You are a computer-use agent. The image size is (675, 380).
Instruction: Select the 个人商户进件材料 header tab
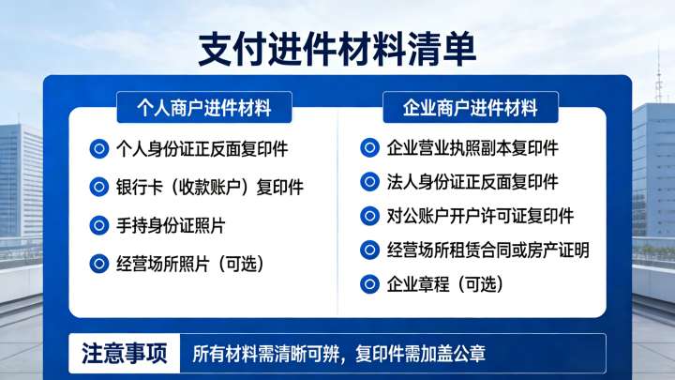click(203, 108)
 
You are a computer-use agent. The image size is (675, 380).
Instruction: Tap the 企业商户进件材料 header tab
click(470, 108)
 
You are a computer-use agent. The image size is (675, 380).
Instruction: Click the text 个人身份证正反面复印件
click(201, 148)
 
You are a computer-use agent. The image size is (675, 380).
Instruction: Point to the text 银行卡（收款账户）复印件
click(209, 187)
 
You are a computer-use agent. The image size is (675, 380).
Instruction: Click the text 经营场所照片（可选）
click(188, 264)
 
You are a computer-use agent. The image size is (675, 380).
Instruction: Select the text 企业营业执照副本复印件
click(472, 148)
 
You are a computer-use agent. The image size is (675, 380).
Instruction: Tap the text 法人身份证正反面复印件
click(472, 181)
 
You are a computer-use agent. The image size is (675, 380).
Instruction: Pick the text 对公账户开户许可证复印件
click(480, 216)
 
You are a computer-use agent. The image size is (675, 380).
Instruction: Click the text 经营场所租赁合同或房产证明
click(487, 250)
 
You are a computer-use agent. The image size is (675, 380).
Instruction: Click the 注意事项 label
click(124, 355)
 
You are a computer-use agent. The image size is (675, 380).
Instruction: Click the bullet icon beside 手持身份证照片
click(98, 225)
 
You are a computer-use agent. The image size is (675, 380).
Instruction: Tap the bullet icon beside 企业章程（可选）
click(370, 283)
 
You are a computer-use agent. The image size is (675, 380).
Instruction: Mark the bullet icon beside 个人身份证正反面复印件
click(98, 148)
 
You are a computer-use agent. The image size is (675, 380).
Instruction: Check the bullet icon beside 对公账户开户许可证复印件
click(370, 216)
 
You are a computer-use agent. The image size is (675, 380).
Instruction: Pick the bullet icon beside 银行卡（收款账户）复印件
click(98, 187)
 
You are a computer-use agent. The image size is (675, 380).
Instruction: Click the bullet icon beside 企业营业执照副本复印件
click(370, 148)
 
